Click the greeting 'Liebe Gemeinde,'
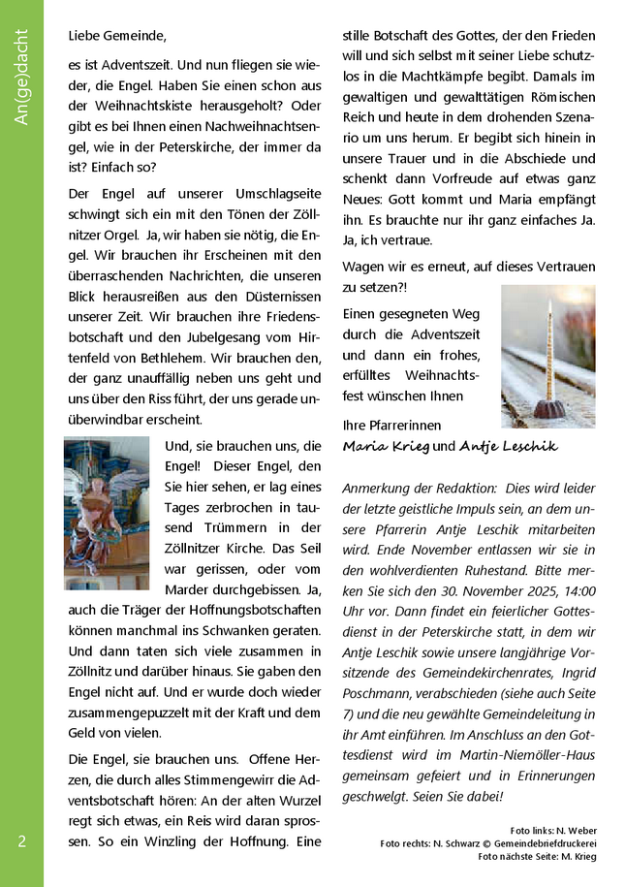pyautogui.click(x=117, y=36)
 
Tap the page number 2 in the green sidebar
pyautogui.click(x=21, y=841)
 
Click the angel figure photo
pyautogui.click(x=107, y=513)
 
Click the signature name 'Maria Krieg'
pyautogui.click(x=386, y=446)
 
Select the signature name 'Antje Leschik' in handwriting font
pyautogui.click(x=508, y=446)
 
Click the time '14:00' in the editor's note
pyautogui.click(x=577, y=590)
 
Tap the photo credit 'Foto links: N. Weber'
pyautogui.click(x=552, y=831)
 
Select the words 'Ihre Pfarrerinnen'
pyautogui.click(x=392, y=426)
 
